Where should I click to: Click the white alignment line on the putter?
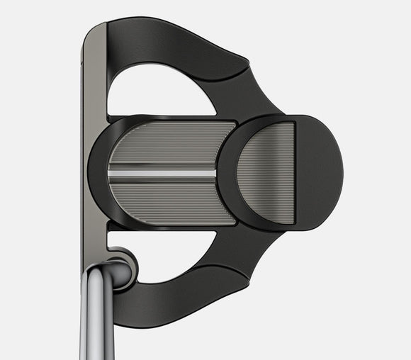[x=162, y=173]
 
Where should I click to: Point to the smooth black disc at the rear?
[x=319, y=173]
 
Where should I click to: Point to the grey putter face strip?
[x=94, y=142]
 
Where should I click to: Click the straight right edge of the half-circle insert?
[x=293, y=173]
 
